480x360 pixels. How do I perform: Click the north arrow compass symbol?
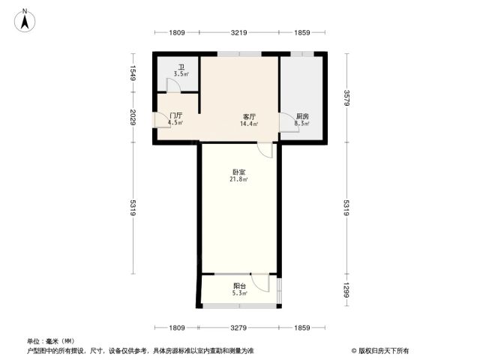[x=25, y=21]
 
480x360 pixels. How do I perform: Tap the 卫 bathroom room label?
[x=181, y=67]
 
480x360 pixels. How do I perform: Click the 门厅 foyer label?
[x=176, y=115]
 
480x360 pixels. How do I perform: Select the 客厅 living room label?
[x=249, y=117]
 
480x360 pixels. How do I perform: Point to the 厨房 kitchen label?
[x=302, y=117]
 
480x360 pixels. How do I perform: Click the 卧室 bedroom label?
[x=238, y=172]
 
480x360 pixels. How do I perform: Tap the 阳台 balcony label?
[x=239, y=286]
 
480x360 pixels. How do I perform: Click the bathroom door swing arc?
[x=173, y=85]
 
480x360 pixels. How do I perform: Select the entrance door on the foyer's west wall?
[x=160, y=120]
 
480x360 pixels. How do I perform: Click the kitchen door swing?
[x=289, y=122]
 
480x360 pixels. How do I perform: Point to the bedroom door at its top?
[x=265, y=150]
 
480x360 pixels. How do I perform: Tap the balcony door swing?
[x=260, y=283]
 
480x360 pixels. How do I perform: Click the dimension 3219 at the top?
[x=239, y=32]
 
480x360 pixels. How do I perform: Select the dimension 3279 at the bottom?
[x=238, y=328]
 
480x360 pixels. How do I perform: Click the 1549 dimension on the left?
[x=133, y=73]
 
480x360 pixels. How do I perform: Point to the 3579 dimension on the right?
[x=346, y=98]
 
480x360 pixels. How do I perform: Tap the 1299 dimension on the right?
[x=346, y=290]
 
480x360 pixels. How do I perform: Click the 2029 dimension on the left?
[x=133, y=117]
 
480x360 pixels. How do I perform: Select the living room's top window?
[x=239, y=54]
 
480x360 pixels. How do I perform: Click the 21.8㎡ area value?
[x=238, y=179]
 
